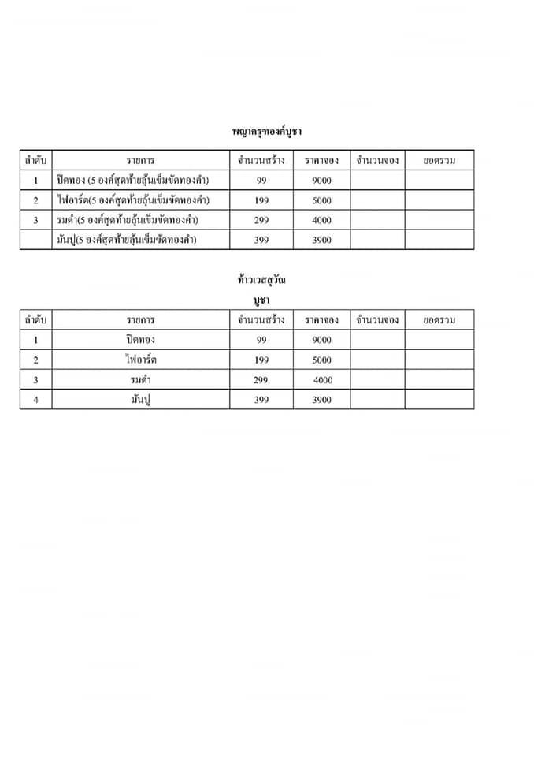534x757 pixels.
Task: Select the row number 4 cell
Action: coord(35,400)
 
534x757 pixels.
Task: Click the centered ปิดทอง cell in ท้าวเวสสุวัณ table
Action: coord(140,340)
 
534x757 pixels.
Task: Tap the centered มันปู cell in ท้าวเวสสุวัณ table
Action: coord(140,400)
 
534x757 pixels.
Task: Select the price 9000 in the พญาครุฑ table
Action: coord(321,181)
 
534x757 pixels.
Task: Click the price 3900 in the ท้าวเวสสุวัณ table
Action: coord(321,400)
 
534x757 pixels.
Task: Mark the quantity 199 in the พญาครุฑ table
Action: coord(261,200)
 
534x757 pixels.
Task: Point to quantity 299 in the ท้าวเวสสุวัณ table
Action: coord(261,380)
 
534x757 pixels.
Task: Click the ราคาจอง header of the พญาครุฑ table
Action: coord(321,160)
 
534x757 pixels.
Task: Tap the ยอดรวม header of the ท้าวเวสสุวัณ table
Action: coord(439,320)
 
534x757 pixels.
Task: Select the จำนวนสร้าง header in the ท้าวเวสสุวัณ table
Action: coord(261,320)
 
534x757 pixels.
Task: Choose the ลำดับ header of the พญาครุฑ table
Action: coord(35,160)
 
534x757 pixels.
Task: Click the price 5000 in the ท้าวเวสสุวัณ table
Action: coord(321,360)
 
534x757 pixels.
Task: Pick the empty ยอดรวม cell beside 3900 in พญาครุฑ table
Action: coord(439,240)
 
